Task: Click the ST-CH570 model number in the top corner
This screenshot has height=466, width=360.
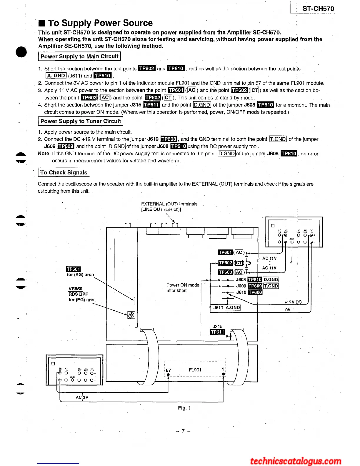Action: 318,9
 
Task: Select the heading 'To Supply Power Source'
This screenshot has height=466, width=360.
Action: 100,23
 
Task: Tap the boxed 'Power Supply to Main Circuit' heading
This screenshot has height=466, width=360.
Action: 79,56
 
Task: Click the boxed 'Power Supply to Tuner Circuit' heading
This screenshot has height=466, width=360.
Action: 81,121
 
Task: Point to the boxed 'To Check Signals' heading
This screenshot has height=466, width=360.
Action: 64,173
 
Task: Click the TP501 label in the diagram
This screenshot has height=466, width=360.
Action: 73,269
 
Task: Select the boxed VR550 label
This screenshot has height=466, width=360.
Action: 75,289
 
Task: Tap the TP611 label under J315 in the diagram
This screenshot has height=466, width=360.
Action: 217,332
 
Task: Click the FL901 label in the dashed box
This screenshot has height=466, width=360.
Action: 195,370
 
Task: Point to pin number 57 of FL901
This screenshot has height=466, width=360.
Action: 168,370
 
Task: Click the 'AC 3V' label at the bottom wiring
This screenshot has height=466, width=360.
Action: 82,397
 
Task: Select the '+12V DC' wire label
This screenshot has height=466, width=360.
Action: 293,302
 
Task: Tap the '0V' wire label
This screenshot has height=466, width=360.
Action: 288,309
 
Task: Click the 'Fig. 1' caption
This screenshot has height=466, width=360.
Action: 184,408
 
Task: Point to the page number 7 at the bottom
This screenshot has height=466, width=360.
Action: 183,431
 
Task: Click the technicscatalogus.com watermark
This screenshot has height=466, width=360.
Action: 296,461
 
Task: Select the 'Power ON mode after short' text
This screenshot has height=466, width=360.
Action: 183,288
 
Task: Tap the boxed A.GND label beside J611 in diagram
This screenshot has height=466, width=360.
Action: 233,307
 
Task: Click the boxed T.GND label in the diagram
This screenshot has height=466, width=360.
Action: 271,286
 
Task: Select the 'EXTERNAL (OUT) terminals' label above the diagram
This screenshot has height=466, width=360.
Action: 169,204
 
